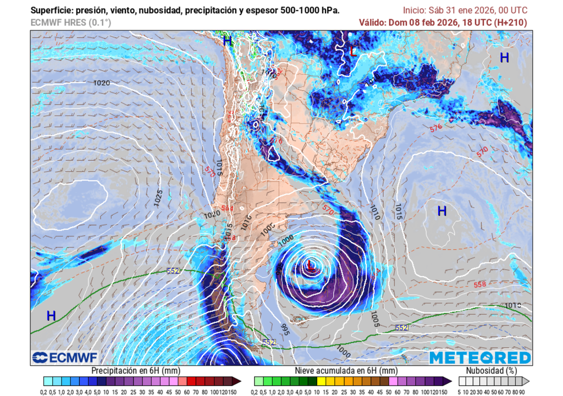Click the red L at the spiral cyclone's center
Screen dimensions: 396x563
tap(311, 267)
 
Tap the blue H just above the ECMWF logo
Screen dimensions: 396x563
tap(51, 316)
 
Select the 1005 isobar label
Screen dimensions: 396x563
tap(376, 321)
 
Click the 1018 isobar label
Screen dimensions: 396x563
tap(512, 305)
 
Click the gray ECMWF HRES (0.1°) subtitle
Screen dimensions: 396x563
tap(70, 23)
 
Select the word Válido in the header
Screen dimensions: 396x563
tap(372, 23)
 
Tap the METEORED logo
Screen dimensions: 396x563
tap(480, 358)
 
